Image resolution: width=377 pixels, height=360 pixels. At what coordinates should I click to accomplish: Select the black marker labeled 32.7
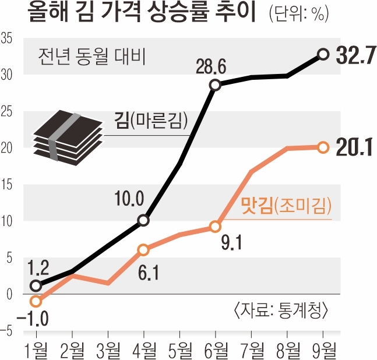(323, 54)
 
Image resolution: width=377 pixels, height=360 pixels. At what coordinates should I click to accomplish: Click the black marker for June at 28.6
(215, 85)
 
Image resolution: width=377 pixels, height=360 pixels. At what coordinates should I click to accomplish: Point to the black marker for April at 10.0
(144, 221)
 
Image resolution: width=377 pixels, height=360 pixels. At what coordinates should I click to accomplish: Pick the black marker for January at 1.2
(36, 285)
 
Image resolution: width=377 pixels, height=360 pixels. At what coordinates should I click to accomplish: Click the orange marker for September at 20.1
(323, 147)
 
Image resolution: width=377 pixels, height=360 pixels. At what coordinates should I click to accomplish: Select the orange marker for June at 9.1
(215, 227)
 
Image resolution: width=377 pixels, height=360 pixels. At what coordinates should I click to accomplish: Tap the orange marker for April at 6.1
(144, 250)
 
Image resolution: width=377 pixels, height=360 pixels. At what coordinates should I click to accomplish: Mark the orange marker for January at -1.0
(36, 301)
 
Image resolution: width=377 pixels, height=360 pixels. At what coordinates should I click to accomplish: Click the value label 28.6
(210, 68)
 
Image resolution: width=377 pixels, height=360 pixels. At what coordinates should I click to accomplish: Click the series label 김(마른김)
(150, 122)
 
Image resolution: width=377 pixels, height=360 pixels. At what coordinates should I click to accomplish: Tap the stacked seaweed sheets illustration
(66, 136)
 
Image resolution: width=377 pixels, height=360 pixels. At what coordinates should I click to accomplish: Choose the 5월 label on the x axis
(180, 350)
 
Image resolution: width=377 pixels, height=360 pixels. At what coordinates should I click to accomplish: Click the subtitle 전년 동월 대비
(91, 57)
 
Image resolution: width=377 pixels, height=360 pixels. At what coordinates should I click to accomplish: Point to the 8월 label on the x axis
(288, 350)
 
